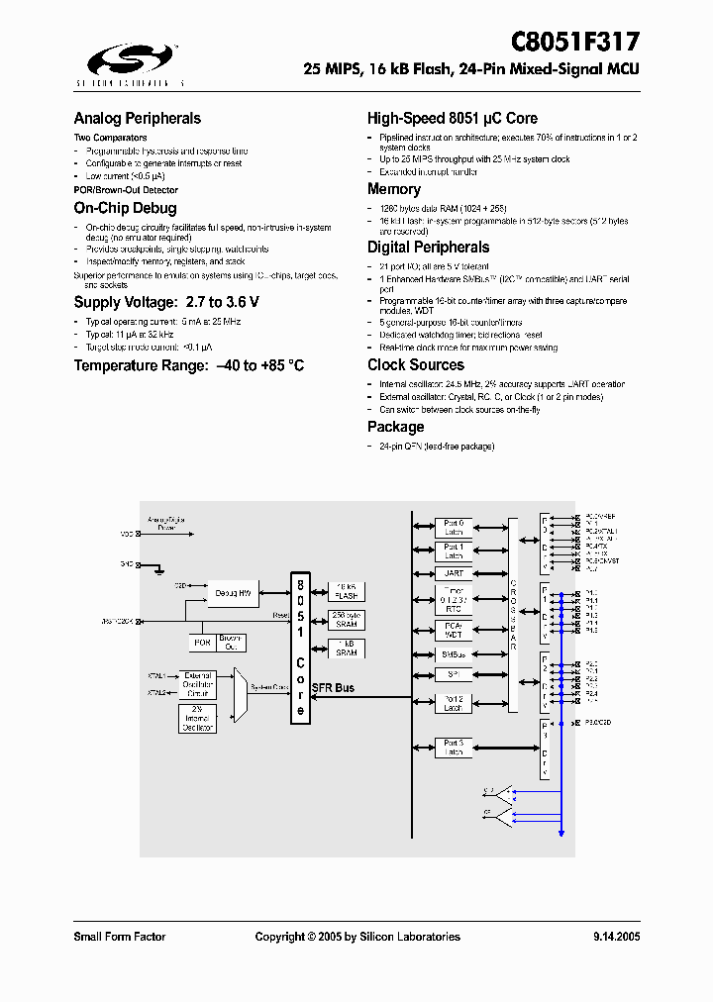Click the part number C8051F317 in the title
tap(574, 42)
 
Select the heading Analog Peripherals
tap(138, 119)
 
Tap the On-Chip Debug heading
tap(125, 208)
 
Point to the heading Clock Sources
tap(416, 364)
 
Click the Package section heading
tap(395, 427)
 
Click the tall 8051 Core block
tap(301, 648)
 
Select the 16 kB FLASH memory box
tap(347, 590)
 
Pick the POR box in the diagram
tap(202, 643)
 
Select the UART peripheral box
tap(454, 573)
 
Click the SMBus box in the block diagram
tap(454, 654)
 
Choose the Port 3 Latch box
tap(454, 748)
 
